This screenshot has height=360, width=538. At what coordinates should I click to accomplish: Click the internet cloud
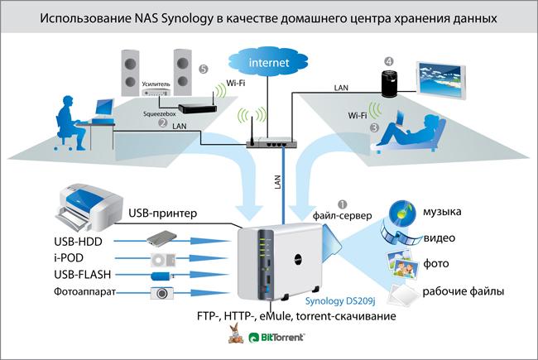268,62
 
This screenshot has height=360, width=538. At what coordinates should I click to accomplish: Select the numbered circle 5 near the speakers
203,70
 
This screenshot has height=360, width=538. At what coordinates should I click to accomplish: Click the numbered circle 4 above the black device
388,61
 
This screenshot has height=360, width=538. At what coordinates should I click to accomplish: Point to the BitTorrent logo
276,338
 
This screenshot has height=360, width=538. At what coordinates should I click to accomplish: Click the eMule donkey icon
236,334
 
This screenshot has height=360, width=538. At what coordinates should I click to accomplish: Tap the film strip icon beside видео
400,234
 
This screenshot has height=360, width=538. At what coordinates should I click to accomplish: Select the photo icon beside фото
402,263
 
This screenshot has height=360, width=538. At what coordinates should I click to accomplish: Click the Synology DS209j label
340,301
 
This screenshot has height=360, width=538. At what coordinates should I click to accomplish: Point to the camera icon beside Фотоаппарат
161,293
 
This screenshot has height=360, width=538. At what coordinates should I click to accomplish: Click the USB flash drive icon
162,276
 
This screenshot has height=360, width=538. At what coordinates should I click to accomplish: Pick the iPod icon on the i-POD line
163,259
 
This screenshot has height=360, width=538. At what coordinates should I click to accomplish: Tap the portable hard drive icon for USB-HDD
161,238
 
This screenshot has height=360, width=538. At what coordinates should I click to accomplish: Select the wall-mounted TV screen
441,80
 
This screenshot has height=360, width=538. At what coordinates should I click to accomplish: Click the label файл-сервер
342,215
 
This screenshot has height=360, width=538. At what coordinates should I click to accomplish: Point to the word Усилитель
156,84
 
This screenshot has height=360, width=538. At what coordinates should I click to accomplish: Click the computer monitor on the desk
104,108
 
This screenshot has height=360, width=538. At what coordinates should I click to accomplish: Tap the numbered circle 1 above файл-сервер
343,204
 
